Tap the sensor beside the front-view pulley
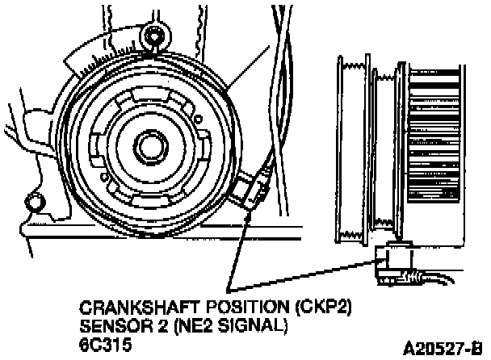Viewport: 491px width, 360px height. pos(252,191)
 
